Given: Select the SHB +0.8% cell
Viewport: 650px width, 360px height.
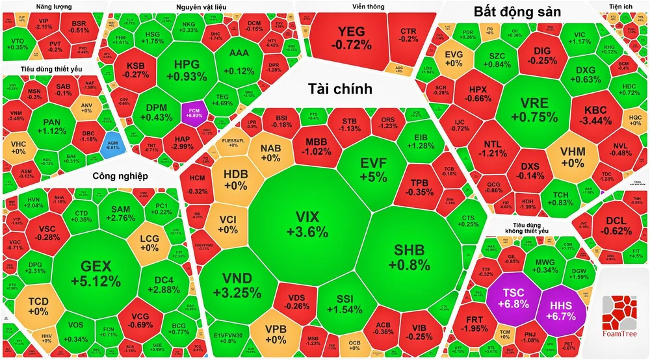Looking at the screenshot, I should [409, 257].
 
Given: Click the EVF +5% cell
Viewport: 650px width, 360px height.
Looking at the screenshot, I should [374, 169].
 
